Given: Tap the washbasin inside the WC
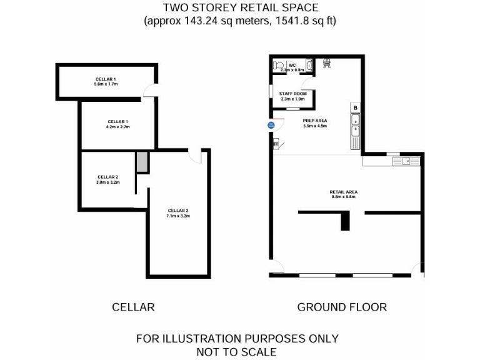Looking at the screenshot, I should [309, 64].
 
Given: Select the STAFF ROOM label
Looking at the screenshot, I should [292, 93].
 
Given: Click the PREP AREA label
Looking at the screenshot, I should [315, 120].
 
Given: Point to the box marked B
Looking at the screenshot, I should [355, 107].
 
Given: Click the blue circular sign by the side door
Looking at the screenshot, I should [271, 125].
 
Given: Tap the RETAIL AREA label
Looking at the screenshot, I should [344, 191].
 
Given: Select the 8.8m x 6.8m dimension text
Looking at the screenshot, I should [344, 196].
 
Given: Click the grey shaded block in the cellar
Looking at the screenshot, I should [142, 162].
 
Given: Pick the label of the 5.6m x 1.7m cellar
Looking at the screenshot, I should [104, 79].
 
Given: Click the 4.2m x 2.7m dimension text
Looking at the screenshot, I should [117, 126].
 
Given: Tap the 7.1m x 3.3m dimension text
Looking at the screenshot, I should [178, 216].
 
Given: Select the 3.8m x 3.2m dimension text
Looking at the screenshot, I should [107, 182].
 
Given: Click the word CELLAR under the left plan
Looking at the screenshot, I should [133, 307].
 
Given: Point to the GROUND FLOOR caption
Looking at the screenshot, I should [342, 307].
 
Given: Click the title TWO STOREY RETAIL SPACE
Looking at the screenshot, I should [241, 8].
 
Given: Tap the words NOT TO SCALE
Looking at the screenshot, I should [237, 352].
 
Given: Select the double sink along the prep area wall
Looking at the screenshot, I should [355, 125].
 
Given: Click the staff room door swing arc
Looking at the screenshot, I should [306, 86].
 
